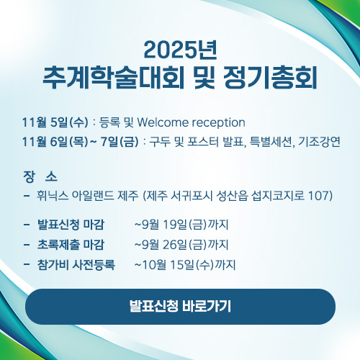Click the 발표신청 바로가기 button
[180, 307]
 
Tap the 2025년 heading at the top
[181, 50]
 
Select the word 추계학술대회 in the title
[114, 78]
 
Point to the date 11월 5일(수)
[55, 122]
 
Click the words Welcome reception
[191, 122]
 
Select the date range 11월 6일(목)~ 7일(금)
[81, 142]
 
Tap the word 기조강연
[319, 142]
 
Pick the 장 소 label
[40, 177]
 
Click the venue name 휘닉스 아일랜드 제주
[88, 196]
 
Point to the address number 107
[318, 196]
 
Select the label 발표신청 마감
[71, 225]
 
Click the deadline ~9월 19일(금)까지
[181, 225]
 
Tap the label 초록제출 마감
[71, 245]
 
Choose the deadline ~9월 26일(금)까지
[181, 245]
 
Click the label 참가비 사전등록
[76, 265]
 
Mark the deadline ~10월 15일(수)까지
[185, 265]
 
